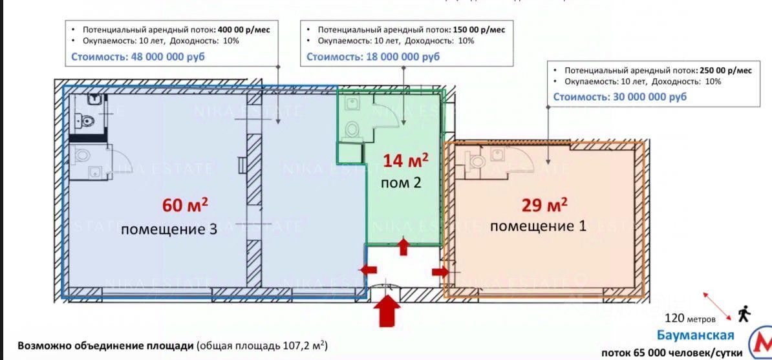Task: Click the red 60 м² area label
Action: point(186,206)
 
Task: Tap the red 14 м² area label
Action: point(405,160)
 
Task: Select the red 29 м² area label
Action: point(544,205)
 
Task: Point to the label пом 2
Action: point(401,182)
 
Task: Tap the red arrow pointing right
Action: point(440,271)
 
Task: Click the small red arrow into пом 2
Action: point(405,246)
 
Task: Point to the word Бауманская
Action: point(695,335)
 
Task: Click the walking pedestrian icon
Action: point(744,314)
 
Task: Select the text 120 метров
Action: point(691,319)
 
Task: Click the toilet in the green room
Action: point(352,129)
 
